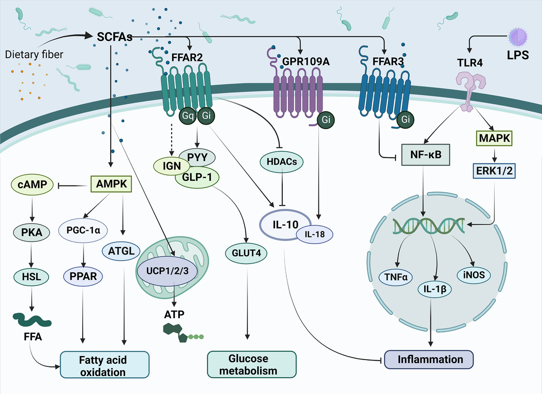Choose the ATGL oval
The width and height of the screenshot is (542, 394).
(x=121, y=250)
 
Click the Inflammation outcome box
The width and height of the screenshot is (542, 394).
(x=429, y=360)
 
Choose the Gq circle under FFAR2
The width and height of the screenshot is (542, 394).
(x=187, y=116)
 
